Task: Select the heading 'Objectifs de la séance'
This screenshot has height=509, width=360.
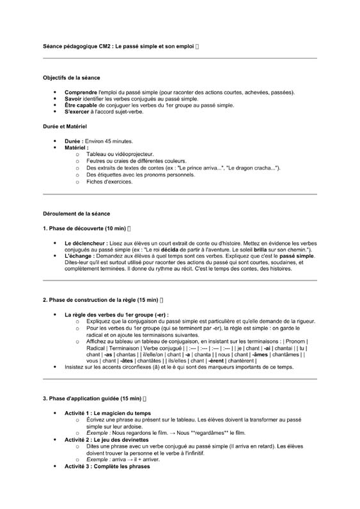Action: click(x=71, y=77)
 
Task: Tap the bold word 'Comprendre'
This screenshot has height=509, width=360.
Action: click(x=80, y=93)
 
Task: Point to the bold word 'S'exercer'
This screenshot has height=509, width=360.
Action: click(x=78, y=112)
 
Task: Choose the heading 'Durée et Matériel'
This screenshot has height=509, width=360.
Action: click(x=65, y=127)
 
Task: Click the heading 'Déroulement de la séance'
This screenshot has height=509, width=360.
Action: click(x=75, y=213)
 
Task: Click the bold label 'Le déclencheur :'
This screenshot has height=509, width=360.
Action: click(x=86, y=244)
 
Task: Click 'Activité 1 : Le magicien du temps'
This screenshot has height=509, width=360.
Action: click(x=107, y=413)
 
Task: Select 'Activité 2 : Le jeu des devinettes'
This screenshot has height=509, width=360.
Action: click(x=107, y=440)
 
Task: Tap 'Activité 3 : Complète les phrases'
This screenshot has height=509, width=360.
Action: click(x=107, y=466)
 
